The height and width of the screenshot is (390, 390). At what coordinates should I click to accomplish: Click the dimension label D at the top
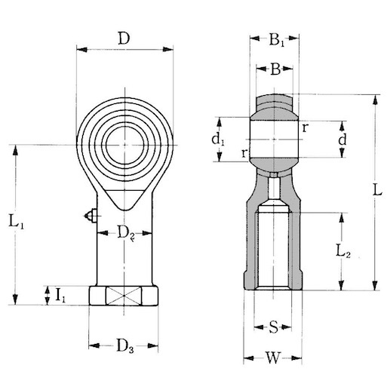[x=123, y=38]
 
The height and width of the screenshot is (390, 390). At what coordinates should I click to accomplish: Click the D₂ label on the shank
[x=127, y=233]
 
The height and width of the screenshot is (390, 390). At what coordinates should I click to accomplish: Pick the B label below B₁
[x=276, y=70]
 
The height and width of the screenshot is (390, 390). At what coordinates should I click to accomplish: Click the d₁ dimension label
[x=217, y=139]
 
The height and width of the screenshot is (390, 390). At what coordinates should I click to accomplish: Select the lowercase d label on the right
[x=343, y=140]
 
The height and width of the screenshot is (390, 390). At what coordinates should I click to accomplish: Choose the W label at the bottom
[x=274, y=357]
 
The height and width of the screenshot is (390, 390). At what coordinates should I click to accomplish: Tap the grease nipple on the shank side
[x=91, y=217]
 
